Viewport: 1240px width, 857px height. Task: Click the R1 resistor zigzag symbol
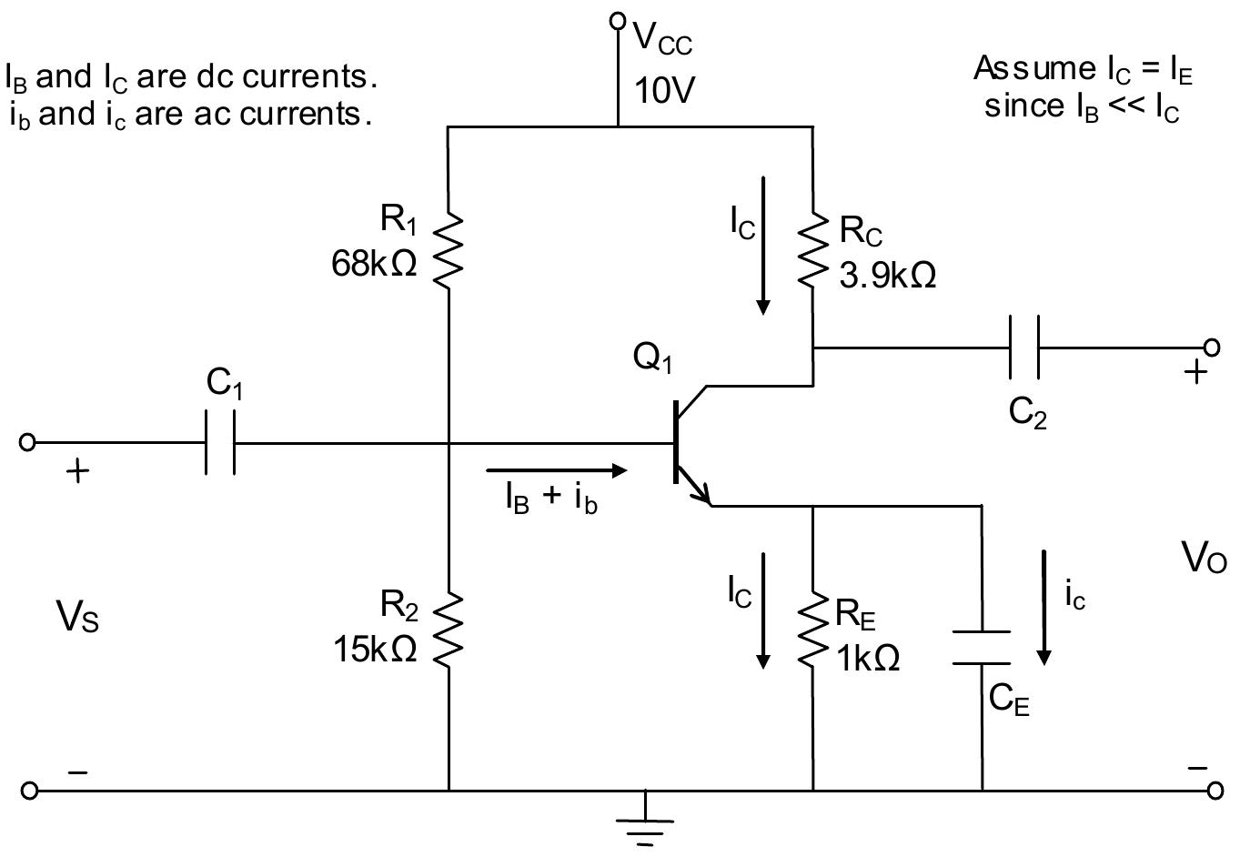coord(449,250)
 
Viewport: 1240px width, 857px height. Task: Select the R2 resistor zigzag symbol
coord(449,627)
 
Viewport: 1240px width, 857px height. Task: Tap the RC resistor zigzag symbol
coord(812,250)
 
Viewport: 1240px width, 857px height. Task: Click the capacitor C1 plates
coord(221,443)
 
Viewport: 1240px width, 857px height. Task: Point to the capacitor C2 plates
coord(1024,348)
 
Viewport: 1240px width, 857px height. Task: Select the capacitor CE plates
coord(982,647)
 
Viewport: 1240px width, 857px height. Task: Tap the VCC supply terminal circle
coord(618,20)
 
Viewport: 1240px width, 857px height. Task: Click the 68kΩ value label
coord(374,264)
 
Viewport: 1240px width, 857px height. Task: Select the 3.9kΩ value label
coord(887,275)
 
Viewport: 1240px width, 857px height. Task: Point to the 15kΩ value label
coord(374,649)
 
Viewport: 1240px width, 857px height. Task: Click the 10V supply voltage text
coord(665,90)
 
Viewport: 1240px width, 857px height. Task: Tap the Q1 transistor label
coord(652,358)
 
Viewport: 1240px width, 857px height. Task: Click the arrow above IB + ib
coord(557,470)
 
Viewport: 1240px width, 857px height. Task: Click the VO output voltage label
coord(1204,558)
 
